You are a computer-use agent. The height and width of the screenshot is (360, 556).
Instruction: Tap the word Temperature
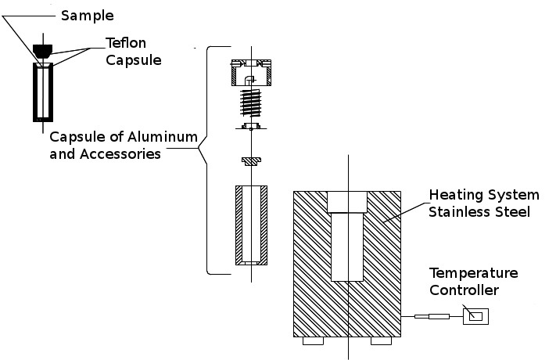(x=473, y=273)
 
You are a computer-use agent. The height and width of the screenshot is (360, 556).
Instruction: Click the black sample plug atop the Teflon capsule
(x=43, y=49)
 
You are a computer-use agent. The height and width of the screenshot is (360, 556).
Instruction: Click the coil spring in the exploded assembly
(x=251, y=101)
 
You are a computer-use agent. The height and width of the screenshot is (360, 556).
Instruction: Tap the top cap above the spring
(x=250, y=72)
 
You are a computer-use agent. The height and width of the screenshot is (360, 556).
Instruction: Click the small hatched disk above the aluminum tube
(x=251, y=161)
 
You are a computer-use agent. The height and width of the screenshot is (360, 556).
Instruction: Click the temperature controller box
(x=476, y=316)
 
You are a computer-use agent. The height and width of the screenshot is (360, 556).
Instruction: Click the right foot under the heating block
(x=381, y=341)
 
